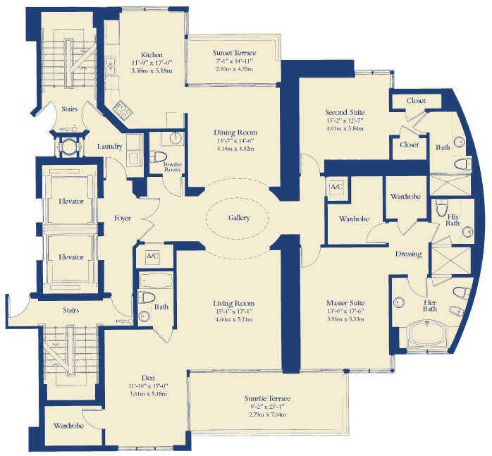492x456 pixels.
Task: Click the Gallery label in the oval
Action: click(239, 218)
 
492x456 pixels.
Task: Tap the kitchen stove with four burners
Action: click(123, 110)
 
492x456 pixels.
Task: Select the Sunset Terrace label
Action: click(235, 53)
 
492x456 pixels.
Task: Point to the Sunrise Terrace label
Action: click(267, 399)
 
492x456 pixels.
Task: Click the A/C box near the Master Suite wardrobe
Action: click(337, 187)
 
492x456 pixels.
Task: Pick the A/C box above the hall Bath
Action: click(152, 256)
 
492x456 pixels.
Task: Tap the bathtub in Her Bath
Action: click(426, 334)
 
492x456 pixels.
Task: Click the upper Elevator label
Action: click(71, 201)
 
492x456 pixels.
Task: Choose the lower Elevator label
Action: click(71, 257)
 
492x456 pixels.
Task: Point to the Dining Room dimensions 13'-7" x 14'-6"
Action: click(235, 140)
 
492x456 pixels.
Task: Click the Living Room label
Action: click(234, 304)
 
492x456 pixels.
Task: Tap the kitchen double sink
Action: click(111, 66)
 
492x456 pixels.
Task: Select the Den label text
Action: click(148, 378)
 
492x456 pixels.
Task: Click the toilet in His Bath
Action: click(442, 208)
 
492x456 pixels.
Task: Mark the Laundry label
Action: click(109, 147)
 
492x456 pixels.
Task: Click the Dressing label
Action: click(408, 254)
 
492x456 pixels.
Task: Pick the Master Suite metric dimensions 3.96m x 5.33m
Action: click(345, 319)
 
